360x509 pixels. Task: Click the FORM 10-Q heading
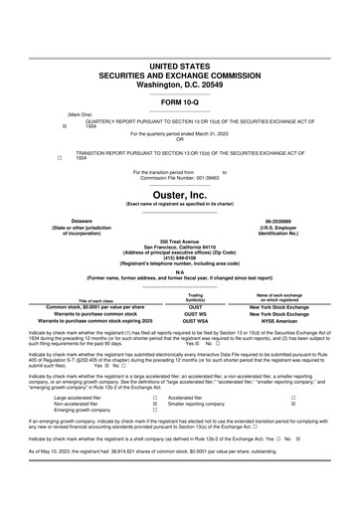(x=180, y=103)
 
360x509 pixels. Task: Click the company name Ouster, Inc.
(x=179, y=197)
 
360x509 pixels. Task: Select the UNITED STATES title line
(x=180, y=65)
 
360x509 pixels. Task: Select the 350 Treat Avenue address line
(x=179, y=242)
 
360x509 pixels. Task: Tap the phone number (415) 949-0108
(x=179, y=256)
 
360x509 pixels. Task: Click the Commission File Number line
(x=180, y=178)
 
